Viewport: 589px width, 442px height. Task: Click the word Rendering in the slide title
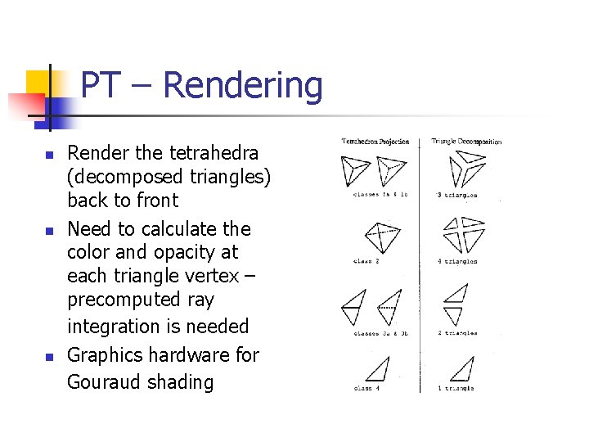tap(243, 86)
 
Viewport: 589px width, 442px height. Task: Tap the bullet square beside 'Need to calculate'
tap(48, 231)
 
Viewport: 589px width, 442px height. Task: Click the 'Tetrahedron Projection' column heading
tap(375, 142)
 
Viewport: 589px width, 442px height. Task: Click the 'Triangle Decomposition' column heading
tap(466, 142)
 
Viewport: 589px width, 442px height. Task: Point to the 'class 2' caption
tap(366, 262)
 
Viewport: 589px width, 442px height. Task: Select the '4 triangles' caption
tap(457, 262)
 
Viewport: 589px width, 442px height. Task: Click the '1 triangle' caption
tap(456, 387)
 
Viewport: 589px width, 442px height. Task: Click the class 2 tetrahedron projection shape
tap(381, 237)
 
